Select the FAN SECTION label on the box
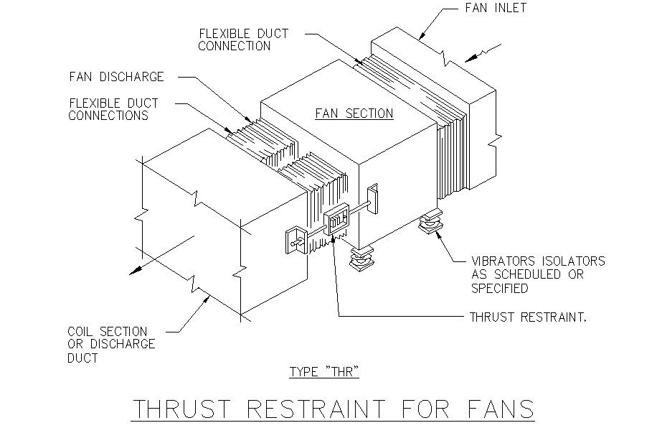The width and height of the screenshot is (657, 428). click(354, 113)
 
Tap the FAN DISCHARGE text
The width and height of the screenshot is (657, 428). click(117, 77)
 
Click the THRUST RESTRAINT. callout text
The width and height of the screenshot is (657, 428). click(529, 317)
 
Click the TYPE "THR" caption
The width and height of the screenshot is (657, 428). click(323, 372)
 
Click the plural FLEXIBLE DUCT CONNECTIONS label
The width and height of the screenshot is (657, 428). click(113, 109)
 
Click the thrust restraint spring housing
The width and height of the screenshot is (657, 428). click(336, 220)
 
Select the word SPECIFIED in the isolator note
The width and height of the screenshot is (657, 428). click(501, 288)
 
